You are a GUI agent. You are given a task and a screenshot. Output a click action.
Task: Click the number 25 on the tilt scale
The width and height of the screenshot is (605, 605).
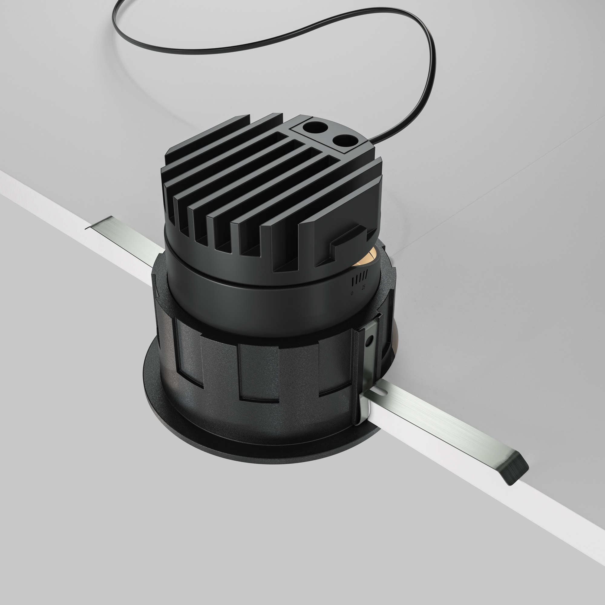coord(363,287)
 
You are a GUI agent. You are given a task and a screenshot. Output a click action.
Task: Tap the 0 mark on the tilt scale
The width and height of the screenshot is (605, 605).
coord(352,293)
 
